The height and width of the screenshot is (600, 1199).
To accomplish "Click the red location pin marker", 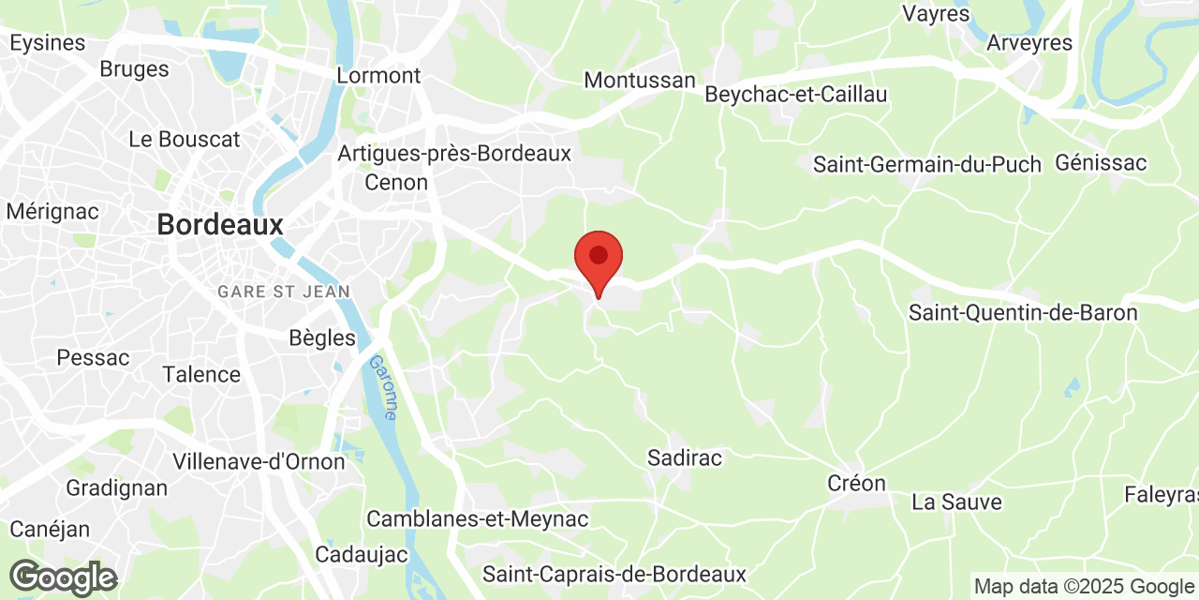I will pos(598,259).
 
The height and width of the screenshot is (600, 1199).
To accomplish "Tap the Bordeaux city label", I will pos(220,225).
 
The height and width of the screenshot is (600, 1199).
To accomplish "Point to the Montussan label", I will pos(640,81).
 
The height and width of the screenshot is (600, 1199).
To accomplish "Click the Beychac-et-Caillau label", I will pos(795,95).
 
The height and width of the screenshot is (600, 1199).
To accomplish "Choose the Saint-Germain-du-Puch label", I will pos(926,165).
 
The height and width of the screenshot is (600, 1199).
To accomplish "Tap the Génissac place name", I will pos(1101,163).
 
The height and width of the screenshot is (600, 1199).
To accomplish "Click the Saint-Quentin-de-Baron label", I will pos(1023,313).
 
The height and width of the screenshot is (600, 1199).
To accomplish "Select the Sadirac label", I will pos(685,457).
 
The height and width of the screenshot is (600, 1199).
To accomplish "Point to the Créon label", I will pos(856,483).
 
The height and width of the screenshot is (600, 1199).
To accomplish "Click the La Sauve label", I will pos(956,502).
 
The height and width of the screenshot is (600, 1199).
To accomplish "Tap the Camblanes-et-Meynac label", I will pos(477,518).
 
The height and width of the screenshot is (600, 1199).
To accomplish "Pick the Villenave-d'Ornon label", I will pos(259,461).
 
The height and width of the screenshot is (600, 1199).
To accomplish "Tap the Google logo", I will pos(63,577).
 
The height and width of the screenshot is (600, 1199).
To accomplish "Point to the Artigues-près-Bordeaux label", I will pos(454,153).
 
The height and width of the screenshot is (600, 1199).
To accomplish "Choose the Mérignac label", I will pos(52,211).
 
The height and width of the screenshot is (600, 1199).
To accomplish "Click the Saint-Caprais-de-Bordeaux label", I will pos(614,574).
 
